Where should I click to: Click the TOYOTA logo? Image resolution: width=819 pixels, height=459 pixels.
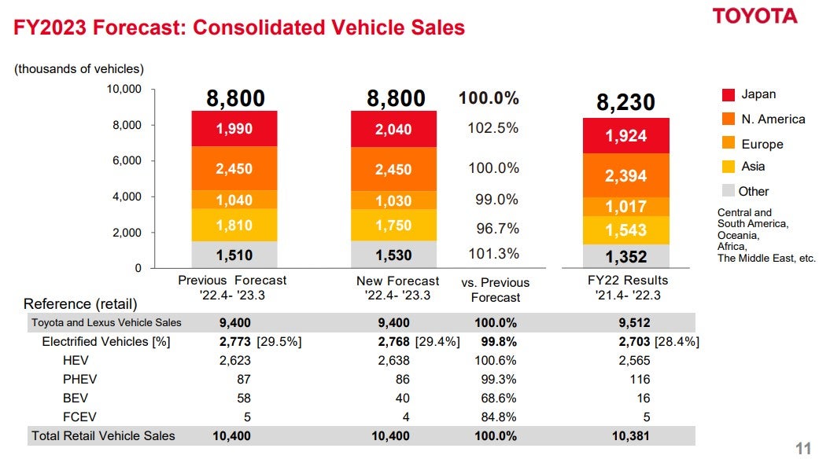click(754, 17)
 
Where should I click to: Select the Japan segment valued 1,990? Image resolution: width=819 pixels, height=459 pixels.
click(234, 128)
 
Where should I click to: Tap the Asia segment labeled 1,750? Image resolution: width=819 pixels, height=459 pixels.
click(393, 225)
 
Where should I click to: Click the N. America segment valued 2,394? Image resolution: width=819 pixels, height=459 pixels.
click(625, 176)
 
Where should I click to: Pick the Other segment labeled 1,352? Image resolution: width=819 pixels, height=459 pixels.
click(625, 256)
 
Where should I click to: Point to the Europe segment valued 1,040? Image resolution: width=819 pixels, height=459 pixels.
click(234, 200)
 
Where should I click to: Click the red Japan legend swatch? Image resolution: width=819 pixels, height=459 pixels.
click(729, 95)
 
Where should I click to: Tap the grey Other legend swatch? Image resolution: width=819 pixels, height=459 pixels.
click(729, 191)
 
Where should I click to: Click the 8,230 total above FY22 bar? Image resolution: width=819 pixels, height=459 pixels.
click(625, 103)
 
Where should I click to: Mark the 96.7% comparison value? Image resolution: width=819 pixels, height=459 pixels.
click(496, 229)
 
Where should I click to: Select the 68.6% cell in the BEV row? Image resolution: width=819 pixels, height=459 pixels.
click(496, 398)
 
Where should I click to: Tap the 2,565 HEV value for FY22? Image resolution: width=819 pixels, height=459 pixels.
click(634, 361)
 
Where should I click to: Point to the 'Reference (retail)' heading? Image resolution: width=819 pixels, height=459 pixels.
click(80, 304)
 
